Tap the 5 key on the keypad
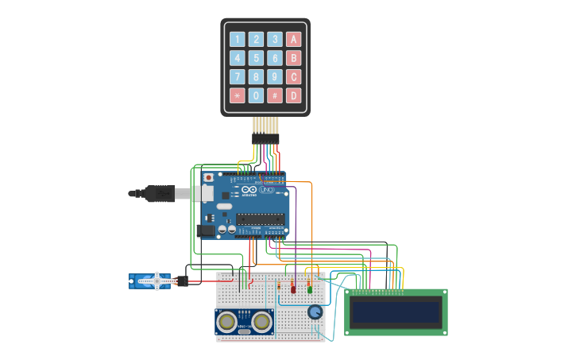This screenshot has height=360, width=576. tap(256, 58)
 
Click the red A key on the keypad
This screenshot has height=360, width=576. tap(293, 39)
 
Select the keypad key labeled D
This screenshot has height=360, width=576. tap(293, 95)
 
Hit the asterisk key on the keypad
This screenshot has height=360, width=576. tap(237, 95)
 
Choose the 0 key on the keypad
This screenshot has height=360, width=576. tap(256, 95)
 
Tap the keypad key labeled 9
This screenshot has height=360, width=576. tap(274, 77)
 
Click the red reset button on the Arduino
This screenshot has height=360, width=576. tap(208, 177)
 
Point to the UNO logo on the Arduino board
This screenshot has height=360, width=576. tap(268, 190)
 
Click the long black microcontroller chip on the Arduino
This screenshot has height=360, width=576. tap(259, 219)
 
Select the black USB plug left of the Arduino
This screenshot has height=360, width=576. tap(159, 193)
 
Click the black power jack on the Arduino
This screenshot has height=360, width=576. tap(206, 230)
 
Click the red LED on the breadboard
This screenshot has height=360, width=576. tap(293, 289)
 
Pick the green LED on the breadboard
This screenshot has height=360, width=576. tap(310, 289)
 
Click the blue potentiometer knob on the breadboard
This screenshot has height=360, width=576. tap(315, 312)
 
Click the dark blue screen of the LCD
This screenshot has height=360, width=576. tap(396, 312)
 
